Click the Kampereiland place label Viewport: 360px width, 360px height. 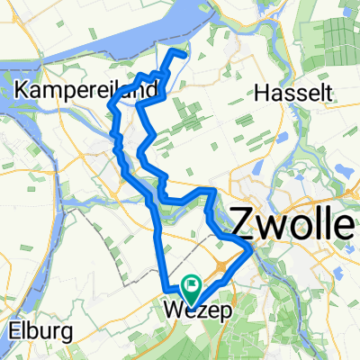[x=86, y=90]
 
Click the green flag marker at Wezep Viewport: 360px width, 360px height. [x=191, y=287]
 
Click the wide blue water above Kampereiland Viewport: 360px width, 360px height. [x=117, y=40]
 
